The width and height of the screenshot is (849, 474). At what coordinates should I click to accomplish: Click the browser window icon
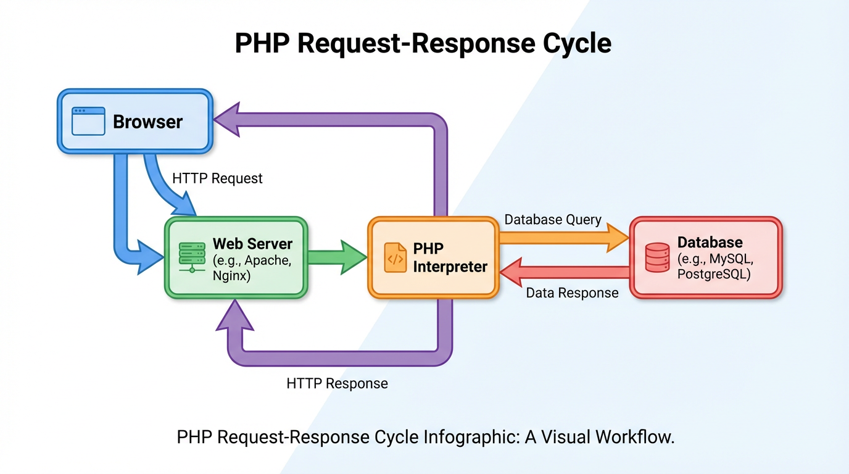[x=88, y=121]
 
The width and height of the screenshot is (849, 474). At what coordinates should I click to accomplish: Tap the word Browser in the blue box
[x=147, y=122]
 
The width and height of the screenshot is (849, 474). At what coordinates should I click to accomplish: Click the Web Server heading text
[x=252, y=243]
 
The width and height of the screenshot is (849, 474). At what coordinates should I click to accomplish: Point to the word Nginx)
[x=231, y=276]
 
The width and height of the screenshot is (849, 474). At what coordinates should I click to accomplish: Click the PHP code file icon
[x=395, y=257]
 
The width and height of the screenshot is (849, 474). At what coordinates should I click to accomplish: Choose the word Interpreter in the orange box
[x=450, y=267]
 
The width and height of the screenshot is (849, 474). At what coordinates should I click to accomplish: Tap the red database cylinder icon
[x=657, y=257]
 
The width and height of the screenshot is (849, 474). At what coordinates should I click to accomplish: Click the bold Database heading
[x=710, y=242]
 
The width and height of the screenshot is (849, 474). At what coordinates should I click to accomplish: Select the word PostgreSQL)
[x=714, y=275]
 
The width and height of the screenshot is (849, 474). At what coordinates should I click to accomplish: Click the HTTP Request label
[x=217, y=178]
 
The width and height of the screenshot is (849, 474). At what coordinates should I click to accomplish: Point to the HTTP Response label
[x=337, y=383]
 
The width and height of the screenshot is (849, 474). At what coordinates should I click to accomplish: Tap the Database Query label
[x=553, y=220]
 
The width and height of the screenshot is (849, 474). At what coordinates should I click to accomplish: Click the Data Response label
[x=572, y=293]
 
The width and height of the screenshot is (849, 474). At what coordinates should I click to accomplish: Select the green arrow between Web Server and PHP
[x=336, y=257]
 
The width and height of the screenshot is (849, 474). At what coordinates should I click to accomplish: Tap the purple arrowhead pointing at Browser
[x=226, y=120]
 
